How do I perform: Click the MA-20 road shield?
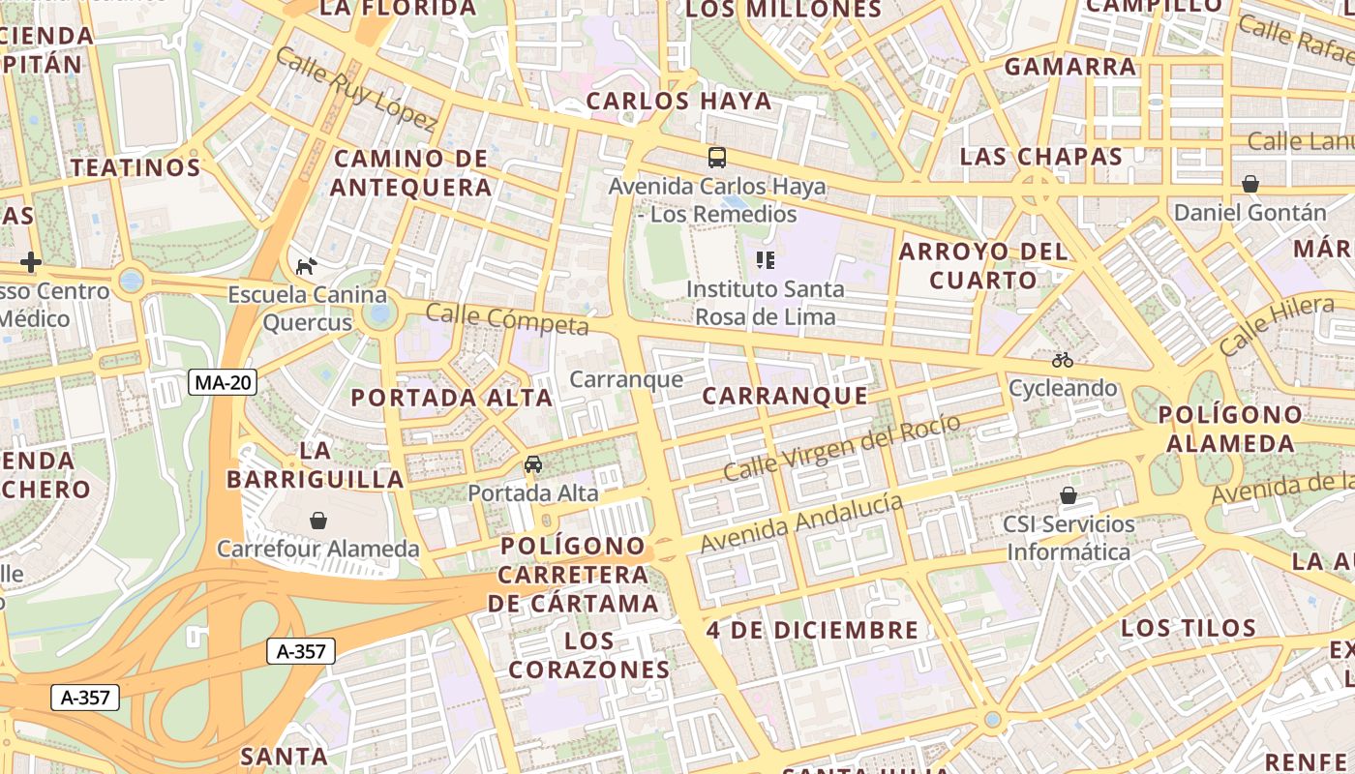coord(223,382)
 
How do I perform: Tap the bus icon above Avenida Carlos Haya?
coord(717,158)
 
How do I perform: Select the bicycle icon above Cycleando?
coord(1063,360)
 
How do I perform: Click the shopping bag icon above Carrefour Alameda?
coord(318,521)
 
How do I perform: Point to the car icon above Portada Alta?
coord(533,464)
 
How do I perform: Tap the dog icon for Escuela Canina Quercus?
coord(306,266)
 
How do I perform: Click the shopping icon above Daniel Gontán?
coord(1250,184)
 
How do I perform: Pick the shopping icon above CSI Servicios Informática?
coord(1069,495)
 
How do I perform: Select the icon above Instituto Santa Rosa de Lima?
coord(766,259)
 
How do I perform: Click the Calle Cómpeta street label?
coord(506,318)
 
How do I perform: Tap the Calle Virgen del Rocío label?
coord(842,448)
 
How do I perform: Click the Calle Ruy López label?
coord(355,88)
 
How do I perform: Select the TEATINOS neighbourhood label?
coord(135,167)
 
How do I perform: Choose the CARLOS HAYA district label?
coord(679,101)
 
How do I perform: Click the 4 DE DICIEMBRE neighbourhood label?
coord(813,630)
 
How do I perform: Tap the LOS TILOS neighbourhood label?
coord(1189,628)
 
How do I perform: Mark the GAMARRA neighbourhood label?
coord(1070,67)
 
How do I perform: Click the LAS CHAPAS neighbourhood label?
coord(1041,157)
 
